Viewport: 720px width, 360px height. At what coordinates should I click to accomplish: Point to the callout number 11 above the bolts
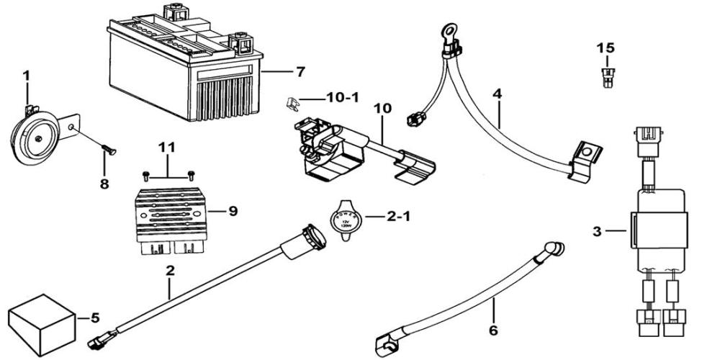[167, 148]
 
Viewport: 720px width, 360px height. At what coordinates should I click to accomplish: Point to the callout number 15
[606, 48]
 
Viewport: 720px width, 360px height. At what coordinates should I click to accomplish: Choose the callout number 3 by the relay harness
[596, 231]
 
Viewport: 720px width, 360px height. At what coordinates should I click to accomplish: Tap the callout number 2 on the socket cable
[170, 272]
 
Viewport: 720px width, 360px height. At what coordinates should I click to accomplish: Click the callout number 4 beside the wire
[496, 94]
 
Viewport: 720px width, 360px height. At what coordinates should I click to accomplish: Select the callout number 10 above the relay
[383, 108]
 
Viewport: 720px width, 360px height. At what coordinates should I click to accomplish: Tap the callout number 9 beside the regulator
[232, 211]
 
